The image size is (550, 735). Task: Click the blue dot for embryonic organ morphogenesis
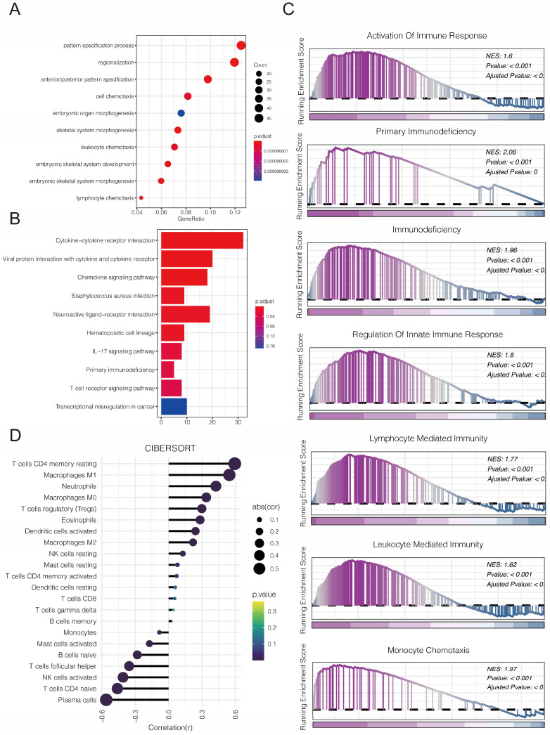[181, 113]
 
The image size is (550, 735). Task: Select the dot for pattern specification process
[241, 46]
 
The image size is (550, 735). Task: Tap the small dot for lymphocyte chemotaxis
[141, 198]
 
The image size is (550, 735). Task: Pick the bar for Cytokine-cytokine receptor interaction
[202, 240]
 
